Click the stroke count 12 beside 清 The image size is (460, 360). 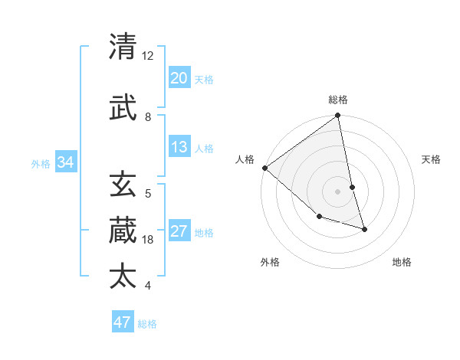coord(148,56)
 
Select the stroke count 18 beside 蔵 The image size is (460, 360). coord(148,240)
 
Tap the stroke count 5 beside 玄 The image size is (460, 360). coord(148,194)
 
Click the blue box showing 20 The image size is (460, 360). coord(179,77)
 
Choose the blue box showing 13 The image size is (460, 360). coord(179,147)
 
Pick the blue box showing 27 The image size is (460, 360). coord(179,231)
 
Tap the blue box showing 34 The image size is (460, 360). coord(66,162)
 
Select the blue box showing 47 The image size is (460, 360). coord(123,322)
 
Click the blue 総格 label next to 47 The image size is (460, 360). coord(147,324)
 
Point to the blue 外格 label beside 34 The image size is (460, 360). coord(41,163)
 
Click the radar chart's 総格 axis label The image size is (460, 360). coord(338,100)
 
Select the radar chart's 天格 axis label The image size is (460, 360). coord(432,159)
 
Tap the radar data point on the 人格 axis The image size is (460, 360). coord(264,168)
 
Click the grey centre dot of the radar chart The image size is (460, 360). coord(338,191)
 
